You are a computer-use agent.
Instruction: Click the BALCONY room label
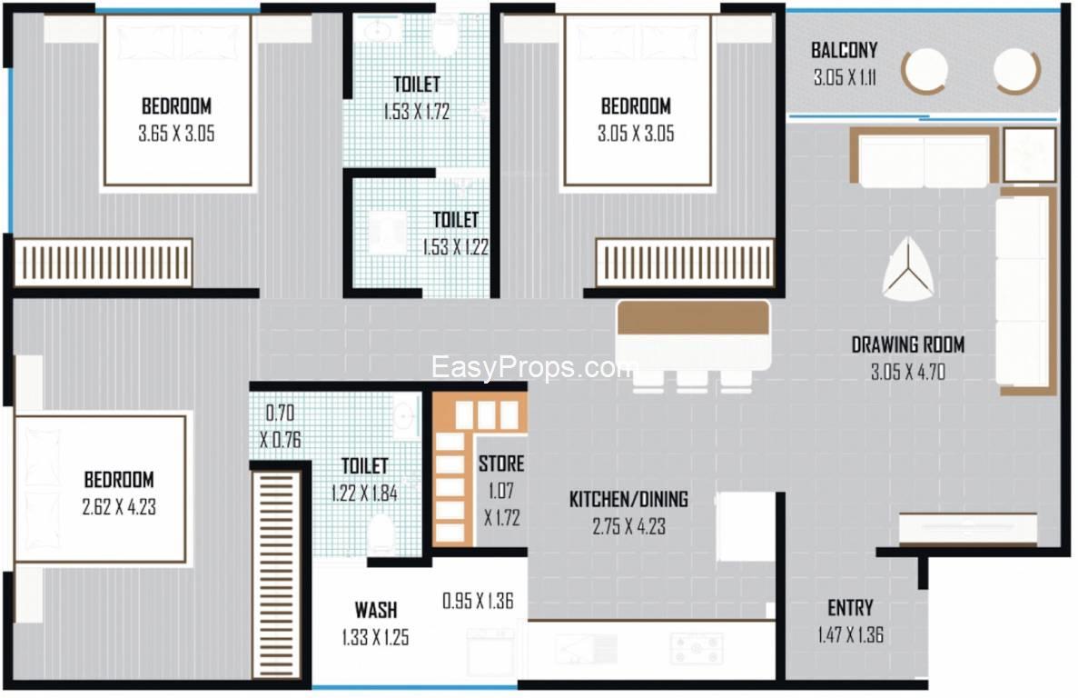click(844, 50)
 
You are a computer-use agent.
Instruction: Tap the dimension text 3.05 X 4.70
click(907, 372)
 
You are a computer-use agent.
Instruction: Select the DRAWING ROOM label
click(907, 344)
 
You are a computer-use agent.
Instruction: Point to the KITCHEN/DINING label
click(628, 499)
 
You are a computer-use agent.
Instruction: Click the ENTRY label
click(850, 608)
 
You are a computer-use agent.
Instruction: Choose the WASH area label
click(375, 610)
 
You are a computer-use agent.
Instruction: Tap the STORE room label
click(501, 464)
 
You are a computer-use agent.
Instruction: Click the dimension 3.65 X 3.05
click(176, 134)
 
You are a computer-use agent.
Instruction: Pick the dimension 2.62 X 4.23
click(119, 507)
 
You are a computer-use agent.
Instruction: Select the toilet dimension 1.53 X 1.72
click(417, 112)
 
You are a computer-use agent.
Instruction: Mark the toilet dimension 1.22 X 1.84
click(364, 494)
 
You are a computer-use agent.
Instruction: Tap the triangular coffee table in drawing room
click(907, 270)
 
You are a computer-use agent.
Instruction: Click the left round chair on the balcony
click(924, 70)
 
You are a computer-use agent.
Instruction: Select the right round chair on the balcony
click(1017, 70)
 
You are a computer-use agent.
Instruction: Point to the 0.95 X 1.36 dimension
click(478, 601)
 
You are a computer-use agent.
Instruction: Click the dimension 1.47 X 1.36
click(850, 634)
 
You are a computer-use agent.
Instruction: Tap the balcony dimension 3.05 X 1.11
click(845, 77)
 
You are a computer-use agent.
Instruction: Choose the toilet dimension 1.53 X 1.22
click(455, 247)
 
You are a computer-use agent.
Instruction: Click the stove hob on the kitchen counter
click(697, 649)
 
